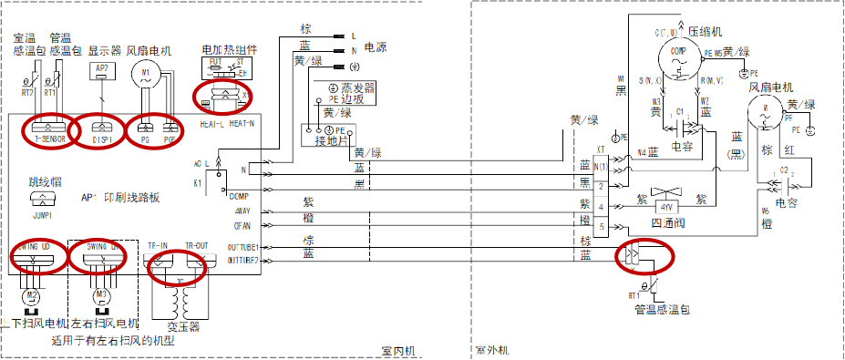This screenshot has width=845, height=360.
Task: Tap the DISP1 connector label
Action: pos(100,139)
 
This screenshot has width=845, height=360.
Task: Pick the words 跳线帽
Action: pos(44,182)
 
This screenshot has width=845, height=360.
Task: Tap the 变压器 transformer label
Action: pos(182,326)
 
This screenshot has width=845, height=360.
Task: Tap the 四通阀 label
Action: pos(668,221)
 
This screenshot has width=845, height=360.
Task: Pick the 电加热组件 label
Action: pos(229,48)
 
